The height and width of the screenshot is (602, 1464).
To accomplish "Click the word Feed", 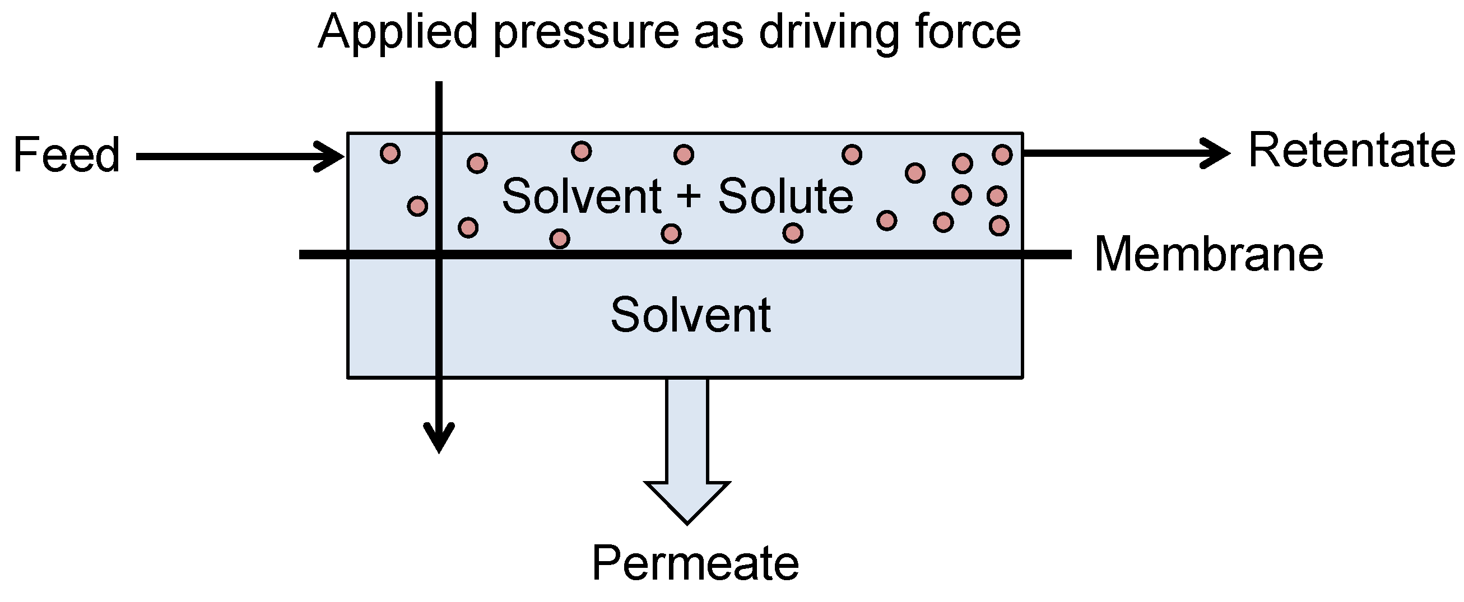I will [x=67, y=155].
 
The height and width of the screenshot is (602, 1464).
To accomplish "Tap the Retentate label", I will [x=1351, y=151].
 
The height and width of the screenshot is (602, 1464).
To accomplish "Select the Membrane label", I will [x=1209, y=254].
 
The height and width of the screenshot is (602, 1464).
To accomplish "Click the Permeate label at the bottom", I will [x=695, y=563].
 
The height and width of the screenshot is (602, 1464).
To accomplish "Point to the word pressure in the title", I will [x=586, y=33].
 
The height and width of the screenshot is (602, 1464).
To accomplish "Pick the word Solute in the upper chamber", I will [x=786, y=196].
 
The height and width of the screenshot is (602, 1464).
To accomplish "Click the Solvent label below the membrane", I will [x=690, y=315].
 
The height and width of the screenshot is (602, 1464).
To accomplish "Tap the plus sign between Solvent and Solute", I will [x=689, y=197].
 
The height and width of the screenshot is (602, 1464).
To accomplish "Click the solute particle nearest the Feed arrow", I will [x=390, y=153].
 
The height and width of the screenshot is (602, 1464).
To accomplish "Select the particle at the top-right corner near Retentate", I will [x=1002, y=155].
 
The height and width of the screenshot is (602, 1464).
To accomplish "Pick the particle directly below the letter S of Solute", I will [x=671, y=234].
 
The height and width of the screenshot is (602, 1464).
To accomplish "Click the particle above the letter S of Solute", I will [x=684, y=155].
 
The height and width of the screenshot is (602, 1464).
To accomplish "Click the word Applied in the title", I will [x=397, y=33].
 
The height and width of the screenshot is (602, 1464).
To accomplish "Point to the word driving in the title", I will [x=830, y=33].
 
